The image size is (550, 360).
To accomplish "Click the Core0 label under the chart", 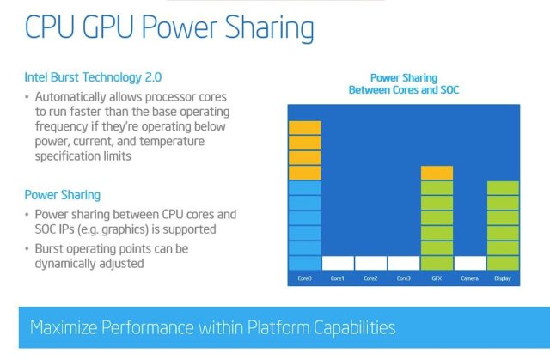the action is click(x=304, y=278).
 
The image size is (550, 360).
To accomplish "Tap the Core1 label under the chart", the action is click(x=338, y=278).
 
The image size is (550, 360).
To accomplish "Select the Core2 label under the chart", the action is click(x=370, y=278).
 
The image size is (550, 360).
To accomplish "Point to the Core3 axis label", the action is click(x=403, y=278).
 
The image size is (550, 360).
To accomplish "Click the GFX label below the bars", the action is click(x=437, y=278).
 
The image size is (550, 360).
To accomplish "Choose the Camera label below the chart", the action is click(x=470, y=278).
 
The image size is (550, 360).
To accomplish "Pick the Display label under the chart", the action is click(x=503, y=278).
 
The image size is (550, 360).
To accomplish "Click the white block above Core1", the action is click(x=338, y=263).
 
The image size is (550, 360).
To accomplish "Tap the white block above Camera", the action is click(x=470, y=263).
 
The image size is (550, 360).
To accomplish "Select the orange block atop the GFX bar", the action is click(x=437, y=173).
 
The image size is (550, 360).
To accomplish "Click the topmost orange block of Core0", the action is click(x=305, y=128).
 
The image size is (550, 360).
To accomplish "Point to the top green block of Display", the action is click(x=503, y=188).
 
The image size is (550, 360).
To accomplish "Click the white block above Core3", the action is click(x=404, y=263).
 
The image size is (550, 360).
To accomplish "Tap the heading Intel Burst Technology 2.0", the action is click(x=93, y=77).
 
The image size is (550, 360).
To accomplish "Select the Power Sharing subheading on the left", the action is click(x=63, y=195).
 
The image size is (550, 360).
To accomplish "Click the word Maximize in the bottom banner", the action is click(x=64, y=327).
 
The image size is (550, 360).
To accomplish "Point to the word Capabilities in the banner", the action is click(x=355, y=328).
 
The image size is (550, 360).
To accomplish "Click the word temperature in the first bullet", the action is click(x=172, y=141).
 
